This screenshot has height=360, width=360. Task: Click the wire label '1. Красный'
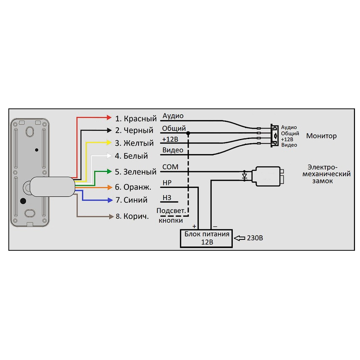(x=136, y=118)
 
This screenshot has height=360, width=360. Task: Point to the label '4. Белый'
(x=131, y=156)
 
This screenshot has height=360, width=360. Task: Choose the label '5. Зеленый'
(x=136, y=172)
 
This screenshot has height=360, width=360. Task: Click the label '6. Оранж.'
(x=133, y=187)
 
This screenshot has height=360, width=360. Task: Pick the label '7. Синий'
(x=131, y=200)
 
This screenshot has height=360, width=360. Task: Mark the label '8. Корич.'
(x=133, y=216)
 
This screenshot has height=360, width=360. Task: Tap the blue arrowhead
(x=110, y=200)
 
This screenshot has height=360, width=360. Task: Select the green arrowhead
(x=110, y=172)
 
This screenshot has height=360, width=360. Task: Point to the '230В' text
(x=255, y=238)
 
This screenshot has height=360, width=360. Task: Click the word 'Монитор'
(x=321, y=136)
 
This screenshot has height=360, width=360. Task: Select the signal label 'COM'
(x=170, y=167)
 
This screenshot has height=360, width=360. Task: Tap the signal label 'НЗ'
(x=167, y=198)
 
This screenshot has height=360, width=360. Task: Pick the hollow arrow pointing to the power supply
(x=239, y=238)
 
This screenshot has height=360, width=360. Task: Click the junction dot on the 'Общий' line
(x=188, y=133)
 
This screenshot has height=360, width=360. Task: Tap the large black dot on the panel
(x=23, y=201)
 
